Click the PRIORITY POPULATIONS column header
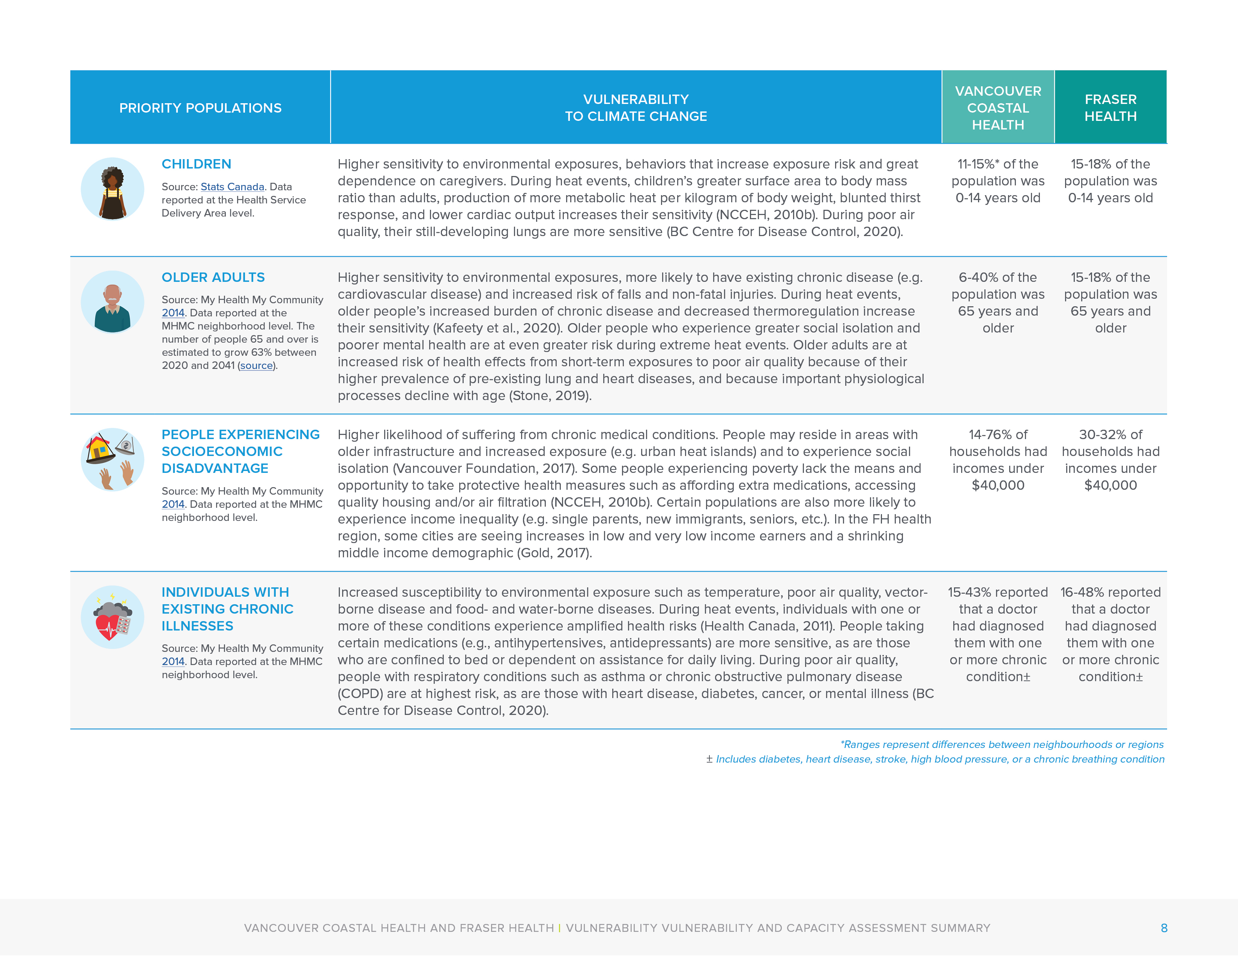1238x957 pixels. pyautogui.click(x=200, y=108)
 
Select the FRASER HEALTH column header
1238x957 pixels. pyautogui.click(x=1110, y=108)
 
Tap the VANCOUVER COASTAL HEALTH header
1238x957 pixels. pyautogui.click(x=998, y=108)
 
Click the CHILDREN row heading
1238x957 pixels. pyautogui.click(x=196, y=164)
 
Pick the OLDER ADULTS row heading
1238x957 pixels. pyautogui.click(x=213, y=277)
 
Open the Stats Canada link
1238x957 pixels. pyautogui.click(x=232, y=187)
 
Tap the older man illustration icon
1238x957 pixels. pyautogui.click(x=112, y=302)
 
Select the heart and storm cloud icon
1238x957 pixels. pyautogui.click(x=112, y=617)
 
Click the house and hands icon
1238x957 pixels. pyautogui.click(x=112, y=459)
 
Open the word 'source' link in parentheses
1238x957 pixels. pyautogui.click(x=256, y=366)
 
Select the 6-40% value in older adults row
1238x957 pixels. pyautogui.click(x=998, y=277)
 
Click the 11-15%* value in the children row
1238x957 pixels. pyautogui.click(x=998, y=164)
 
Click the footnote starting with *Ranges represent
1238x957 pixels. pyautogui.click(x=1002, y=745)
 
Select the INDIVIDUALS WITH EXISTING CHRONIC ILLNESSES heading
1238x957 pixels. pyautogui.click(x=227, y=609)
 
